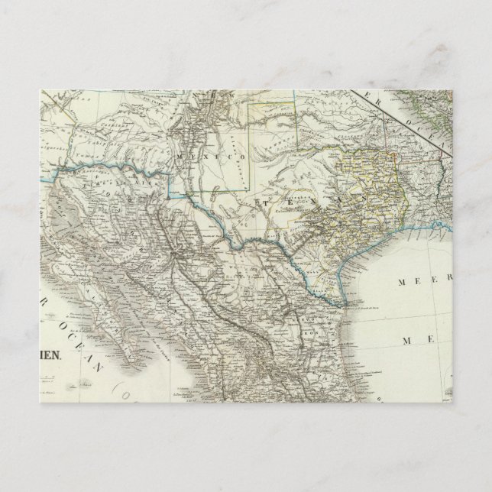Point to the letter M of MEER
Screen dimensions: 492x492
(400, 281)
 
